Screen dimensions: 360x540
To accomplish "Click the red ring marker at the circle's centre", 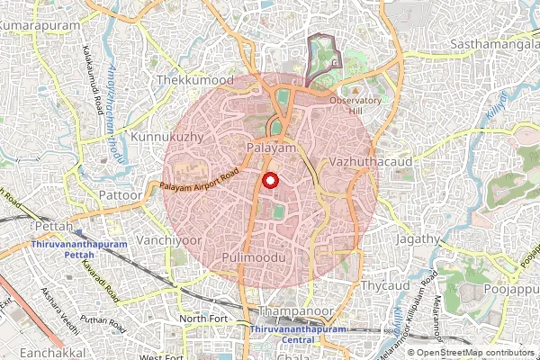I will click(x=269, y=180).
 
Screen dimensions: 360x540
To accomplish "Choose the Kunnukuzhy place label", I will click(x=162, y=137).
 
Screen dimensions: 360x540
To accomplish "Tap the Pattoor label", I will click(x=121, y=194).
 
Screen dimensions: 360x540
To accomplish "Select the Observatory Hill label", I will click(x=355, y=105).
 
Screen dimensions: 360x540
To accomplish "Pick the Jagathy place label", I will click(x=417, y=240).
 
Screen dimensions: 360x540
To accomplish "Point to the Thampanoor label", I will click(x=290, y=310).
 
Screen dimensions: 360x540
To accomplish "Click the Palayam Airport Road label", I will click(x=199, y=179).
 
